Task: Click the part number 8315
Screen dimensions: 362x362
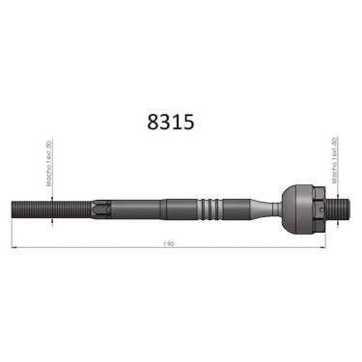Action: [x=170, y=123]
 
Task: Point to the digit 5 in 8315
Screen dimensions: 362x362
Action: [x=188, y=123]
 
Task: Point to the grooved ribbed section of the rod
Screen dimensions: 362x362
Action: [x=209, y=208]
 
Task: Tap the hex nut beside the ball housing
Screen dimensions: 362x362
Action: [x=317, y=207]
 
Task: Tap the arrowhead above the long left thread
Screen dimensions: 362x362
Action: [x=48, y=197]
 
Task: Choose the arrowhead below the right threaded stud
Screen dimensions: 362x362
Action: [x=333, y=220]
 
